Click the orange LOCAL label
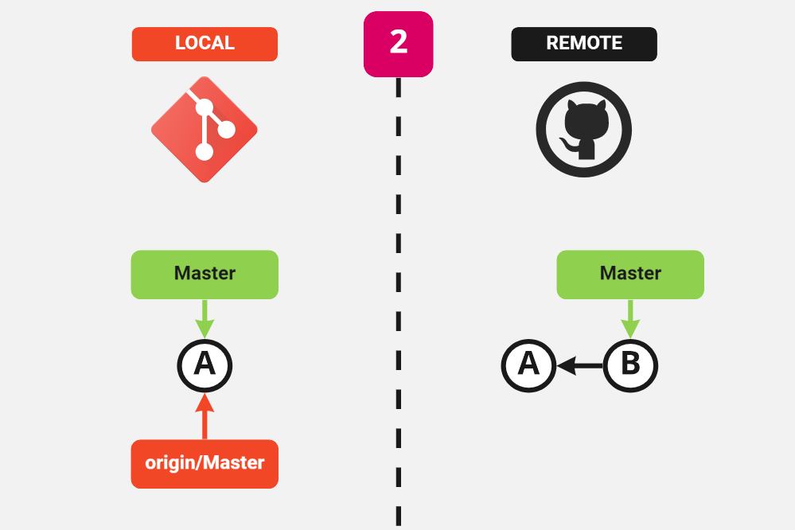point(205,44)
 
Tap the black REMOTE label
point(583,44)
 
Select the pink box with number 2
point(398,44)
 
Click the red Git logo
point(205,129)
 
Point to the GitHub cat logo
point(583,129)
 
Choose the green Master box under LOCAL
point(205,275)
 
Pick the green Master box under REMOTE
point(630,275)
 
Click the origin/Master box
point(205,463)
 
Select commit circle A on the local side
point(205,365)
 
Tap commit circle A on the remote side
point(528,365)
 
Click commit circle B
point(630,365)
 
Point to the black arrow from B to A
point(579,365)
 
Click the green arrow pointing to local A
point(205,318)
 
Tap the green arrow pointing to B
point(630,318)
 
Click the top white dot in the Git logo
point(205,106)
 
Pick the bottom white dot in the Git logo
point(205,151)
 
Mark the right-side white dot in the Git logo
point(226,128)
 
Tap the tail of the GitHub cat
point(567,144)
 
